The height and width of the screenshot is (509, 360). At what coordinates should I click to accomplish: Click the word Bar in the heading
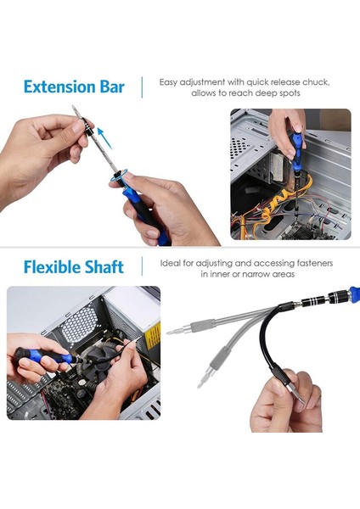[112, 87]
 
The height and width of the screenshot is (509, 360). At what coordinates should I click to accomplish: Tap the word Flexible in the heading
[47, 267]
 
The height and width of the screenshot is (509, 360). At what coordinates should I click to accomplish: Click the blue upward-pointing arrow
[104, 138]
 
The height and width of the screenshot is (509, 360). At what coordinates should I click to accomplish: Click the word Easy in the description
[168, 82]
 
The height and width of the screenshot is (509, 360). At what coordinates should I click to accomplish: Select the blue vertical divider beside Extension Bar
[142, 87]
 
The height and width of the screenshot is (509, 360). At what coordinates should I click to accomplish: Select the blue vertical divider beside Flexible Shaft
[142, 266]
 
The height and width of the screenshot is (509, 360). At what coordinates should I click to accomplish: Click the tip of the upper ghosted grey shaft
[168, 333]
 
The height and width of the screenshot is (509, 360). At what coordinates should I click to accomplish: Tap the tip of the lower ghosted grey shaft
[200, 386]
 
